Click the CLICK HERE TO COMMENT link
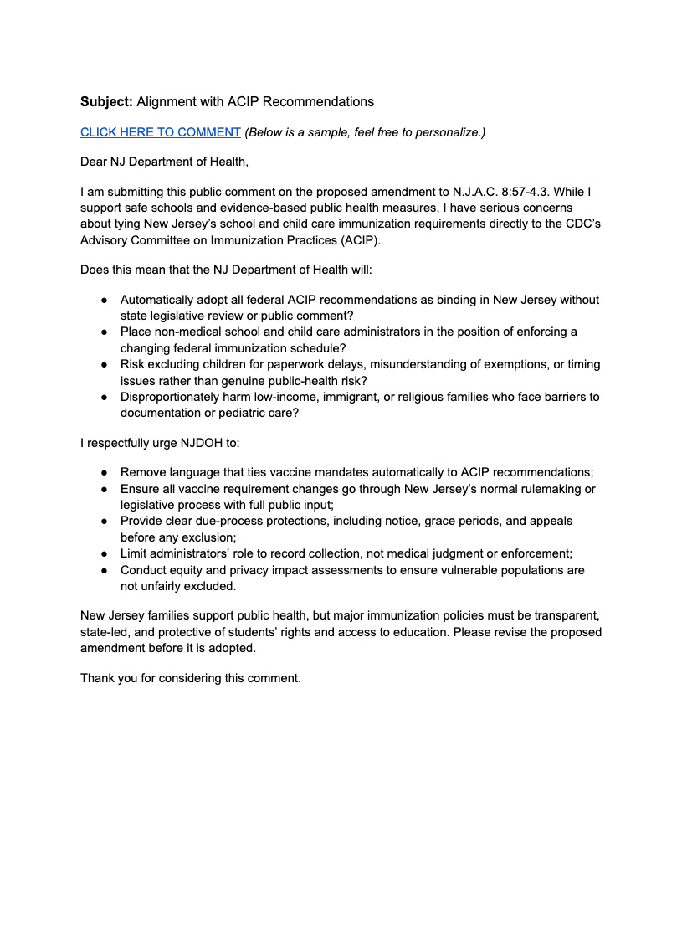[x=161, y=132]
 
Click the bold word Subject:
[x=106, y=102]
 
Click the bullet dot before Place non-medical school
[x=104, y=332]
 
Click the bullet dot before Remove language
[x=104, y=473]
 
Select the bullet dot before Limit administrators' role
[x=104, y=554]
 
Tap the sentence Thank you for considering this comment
[x=190, y=678]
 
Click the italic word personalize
[x=452, y=132]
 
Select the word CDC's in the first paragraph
[x=574, y=224]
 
